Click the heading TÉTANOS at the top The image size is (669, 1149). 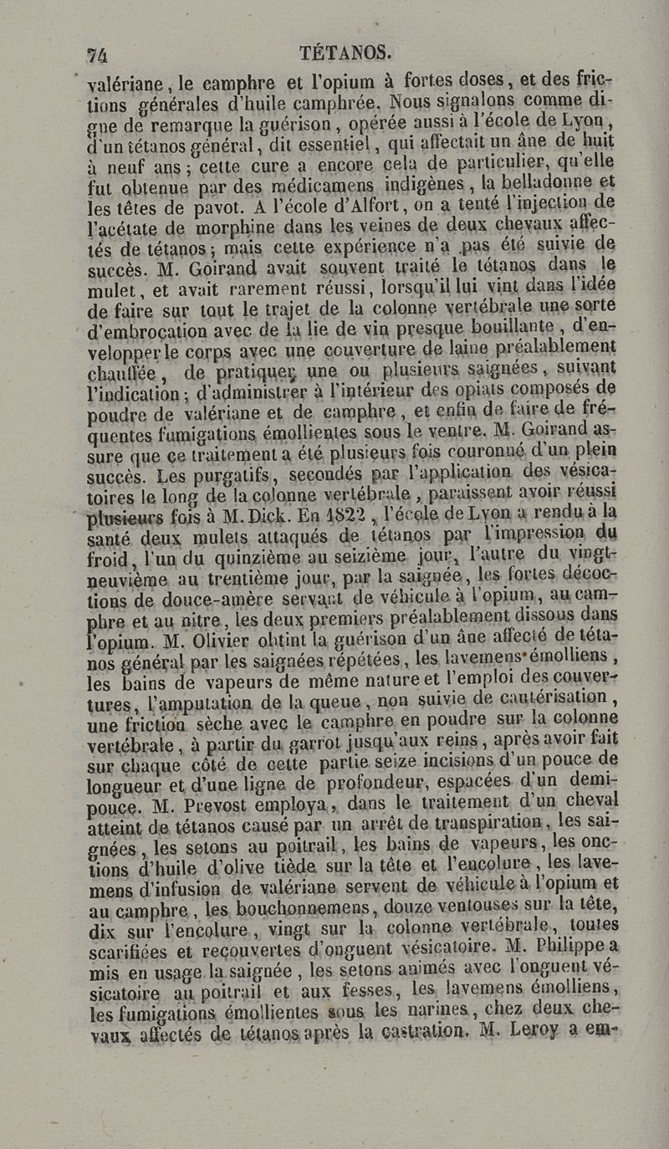345,52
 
